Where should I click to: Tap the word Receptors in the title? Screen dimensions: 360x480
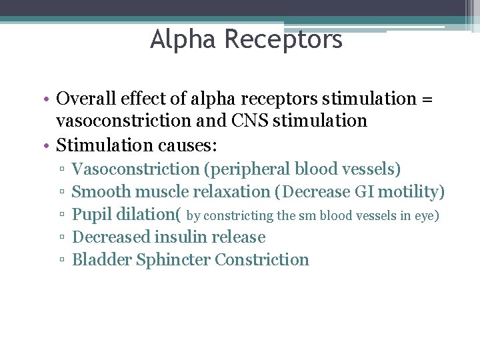pos(283,39)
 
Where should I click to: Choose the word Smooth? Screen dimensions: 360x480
pos(101,192)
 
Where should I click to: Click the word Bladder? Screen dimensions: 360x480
pos(101,260)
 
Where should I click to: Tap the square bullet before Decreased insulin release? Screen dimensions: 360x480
pos(61,238)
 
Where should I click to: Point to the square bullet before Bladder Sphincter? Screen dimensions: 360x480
pos(61,261)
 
